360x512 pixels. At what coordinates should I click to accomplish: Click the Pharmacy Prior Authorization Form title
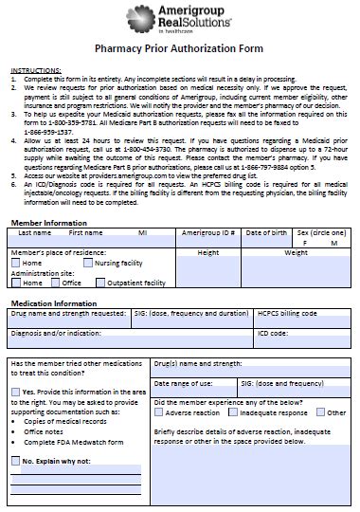(x=179, y=55)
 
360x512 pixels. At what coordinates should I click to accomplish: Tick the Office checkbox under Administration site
(x=57, y=283)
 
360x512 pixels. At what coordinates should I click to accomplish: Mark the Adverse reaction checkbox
(x=159, y=412)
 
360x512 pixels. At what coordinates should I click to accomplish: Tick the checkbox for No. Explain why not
(x=16, y=461)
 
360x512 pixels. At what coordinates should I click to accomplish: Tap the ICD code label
(x=273, y=333)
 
